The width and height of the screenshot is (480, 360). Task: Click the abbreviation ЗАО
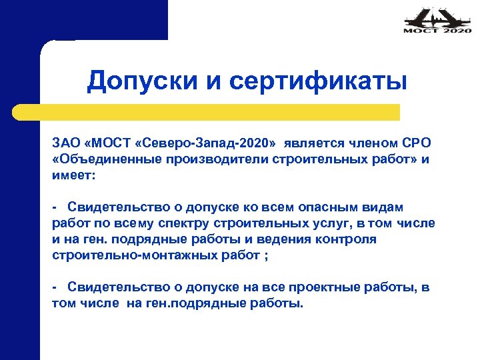point(66,143)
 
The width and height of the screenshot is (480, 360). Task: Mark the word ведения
point(277,239)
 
